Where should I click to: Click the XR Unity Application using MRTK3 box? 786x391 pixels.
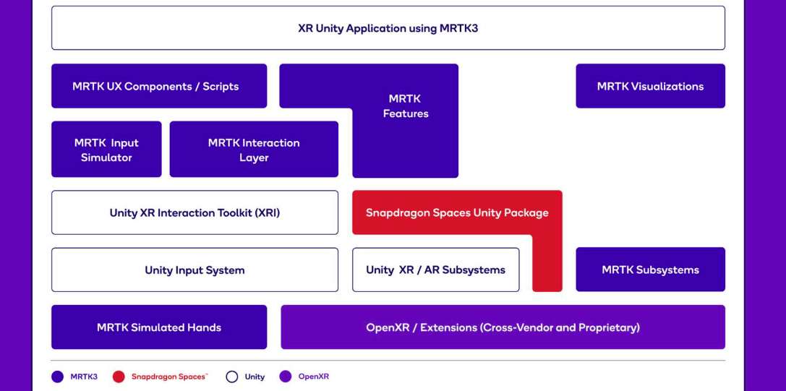pyautogui.click(x=388, y=28)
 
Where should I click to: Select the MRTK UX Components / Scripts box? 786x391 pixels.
pyautogui.click(x=159, y=86)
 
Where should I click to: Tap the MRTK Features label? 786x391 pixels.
pyautogui.click(x=405, y=106)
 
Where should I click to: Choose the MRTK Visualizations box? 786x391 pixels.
pyautogui.click(x=650, y=86)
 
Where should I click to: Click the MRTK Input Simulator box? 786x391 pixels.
pyautogui.click(x=106, y=150)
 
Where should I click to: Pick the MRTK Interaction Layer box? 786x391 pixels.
pyautogui.click(x=254, y=150)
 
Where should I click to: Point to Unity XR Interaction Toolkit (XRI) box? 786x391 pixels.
pyautogui.click(x=195, y=212)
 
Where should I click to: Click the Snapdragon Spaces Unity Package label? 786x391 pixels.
pyautogui.click(x=457, y=212)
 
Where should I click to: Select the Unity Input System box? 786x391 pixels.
pyautogui.click(x=195, y=270)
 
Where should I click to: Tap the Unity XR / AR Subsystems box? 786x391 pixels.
pyautogui.click(x=435, y=270)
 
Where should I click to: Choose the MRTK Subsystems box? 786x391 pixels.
pyautogui.click(x=650, y=270)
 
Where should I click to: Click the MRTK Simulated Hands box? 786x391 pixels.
pyautogui.click(x=159, y=327)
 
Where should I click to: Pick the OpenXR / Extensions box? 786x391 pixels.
pyautogui.click(x=503, y=327)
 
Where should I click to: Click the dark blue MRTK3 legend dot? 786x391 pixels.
pyautogui.click(x=57, y=377)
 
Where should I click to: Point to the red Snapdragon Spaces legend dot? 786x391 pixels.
pyautogui.click(x=119, y=377)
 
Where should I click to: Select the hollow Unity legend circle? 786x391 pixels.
pyautogui.click(x=232, y=377)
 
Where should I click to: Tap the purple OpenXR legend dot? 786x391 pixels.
pyautogui.click(x=286, y=377)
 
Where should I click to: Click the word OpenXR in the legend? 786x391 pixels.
pyautogui.click(x=314, y=377)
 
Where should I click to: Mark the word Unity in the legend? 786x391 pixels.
pyautogui.click(x=255, y=377)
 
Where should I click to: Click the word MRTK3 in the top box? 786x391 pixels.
pyautogui.click(x=458, y=28)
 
